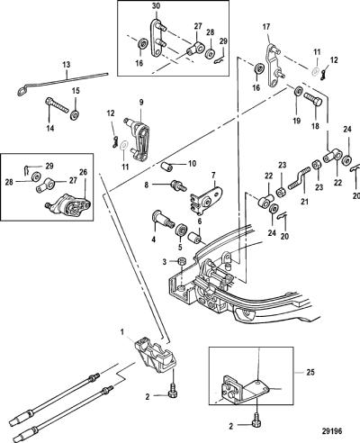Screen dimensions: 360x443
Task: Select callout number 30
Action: (156, 5)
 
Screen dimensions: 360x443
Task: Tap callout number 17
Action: (266, 27)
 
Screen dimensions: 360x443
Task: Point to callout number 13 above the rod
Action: (67, 64)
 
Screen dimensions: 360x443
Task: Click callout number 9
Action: (140, 103)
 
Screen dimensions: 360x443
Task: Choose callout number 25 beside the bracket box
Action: (310, 372)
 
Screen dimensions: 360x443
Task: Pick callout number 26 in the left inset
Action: (83, 172)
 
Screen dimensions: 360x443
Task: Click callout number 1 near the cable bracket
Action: (122, 332)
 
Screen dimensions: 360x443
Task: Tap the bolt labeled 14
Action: (58, 105)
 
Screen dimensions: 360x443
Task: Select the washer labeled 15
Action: (75, 114)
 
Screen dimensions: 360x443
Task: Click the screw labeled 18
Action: (313, 100)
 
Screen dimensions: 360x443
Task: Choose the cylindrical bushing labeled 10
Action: (166, 166)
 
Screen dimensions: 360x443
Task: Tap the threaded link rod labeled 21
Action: (299, 177)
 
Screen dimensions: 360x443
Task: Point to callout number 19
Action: (296, 121)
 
